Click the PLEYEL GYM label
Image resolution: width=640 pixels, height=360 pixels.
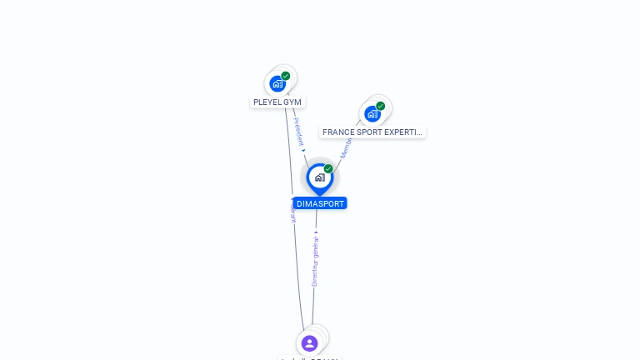pos(277,102)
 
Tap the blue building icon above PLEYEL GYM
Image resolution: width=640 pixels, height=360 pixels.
pos(277,83)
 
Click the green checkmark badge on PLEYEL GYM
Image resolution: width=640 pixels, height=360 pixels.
pos(286,76)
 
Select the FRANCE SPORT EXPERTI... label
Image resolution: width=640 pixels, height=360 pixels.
pos(372,132)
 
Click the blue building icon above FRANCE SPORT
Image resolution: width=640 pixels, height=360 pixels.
pos(372,113)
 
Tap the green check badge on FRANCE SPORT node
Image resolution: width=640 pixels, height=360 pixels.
pos(381,106)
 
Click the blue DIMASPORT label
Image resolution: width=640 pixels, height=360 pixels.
pos(320,203)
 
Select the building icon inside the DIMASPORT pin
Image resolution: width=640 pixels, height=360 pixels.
pos(319,177)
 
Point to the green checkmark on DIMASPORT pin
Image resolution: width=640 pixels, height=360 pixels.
pos(328,168)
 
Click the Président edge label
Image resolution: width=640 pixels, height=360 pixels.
pos(298,131)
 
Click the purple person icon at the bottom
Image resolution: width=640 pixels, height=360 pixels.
pos(309,343)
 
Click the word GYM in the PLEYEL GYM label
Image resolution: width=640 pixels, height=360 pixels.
pos(292,102)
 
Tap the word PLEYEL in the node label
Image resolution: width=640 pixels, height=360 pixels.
pos(267,102)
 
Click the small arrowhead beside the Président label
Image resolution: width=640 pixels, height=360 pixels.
pos(303,150)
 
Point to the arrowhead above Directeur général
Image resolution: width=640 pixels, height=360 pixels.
pos(316,232)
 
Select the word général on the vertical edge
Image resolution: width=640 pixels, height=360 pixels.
pos(316,248)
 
